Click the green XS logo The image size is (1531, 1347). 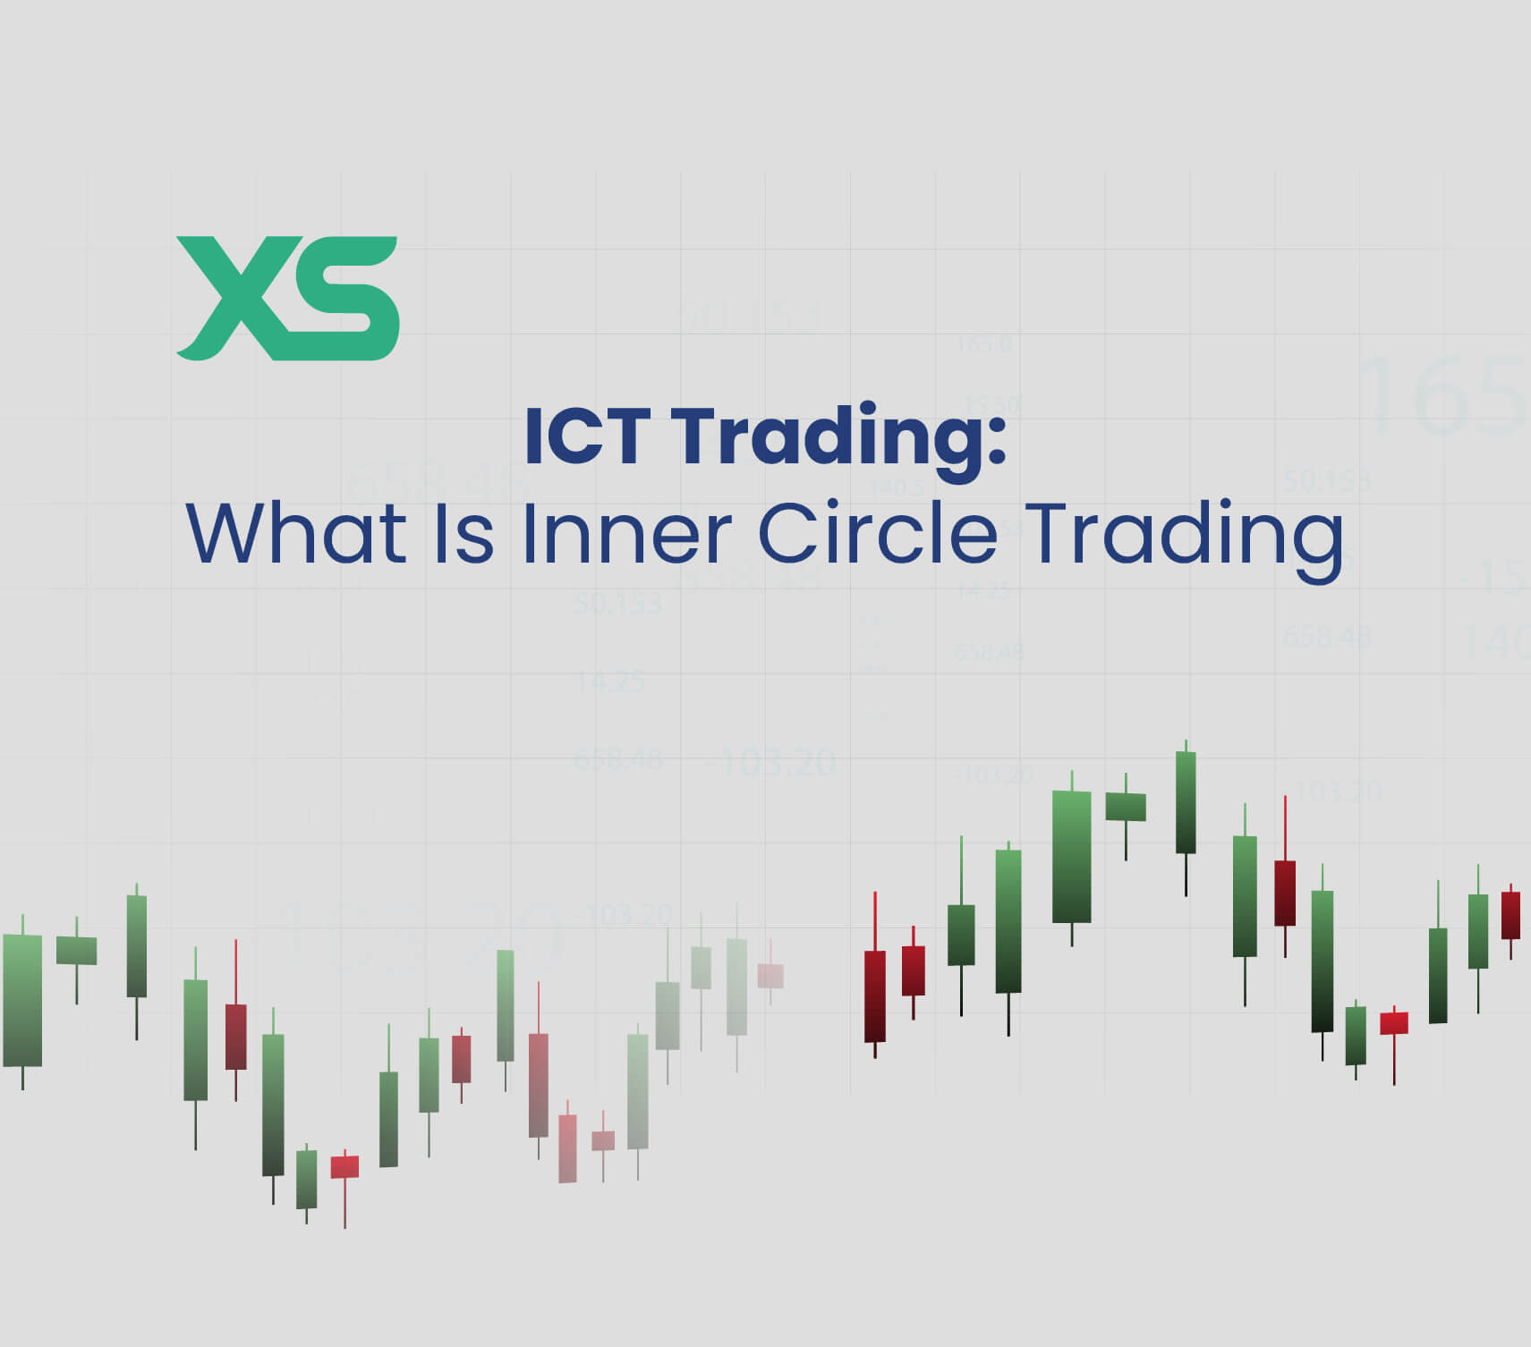tap(287, 298)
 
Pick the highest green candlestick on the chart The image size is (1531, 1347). tap(1186, 802)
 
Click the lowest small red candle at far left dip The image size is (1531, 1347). tap(344, 1166)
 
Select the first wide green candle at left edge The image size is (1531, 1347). tap(22, 1000)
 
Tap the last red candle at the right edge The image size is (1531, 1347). tap(1510, 915)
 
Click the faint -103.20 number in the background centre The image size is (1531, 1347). tap(770, 763)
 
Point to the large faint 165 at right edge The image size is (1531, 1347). tap(1441, 394)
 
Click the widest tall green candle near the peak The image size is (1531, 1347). tap(1071, 856)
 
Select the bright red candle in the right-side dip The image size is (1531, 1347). tap(1394, 1022)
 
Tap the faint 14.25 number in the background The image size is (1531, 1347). tap(610, 682)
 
